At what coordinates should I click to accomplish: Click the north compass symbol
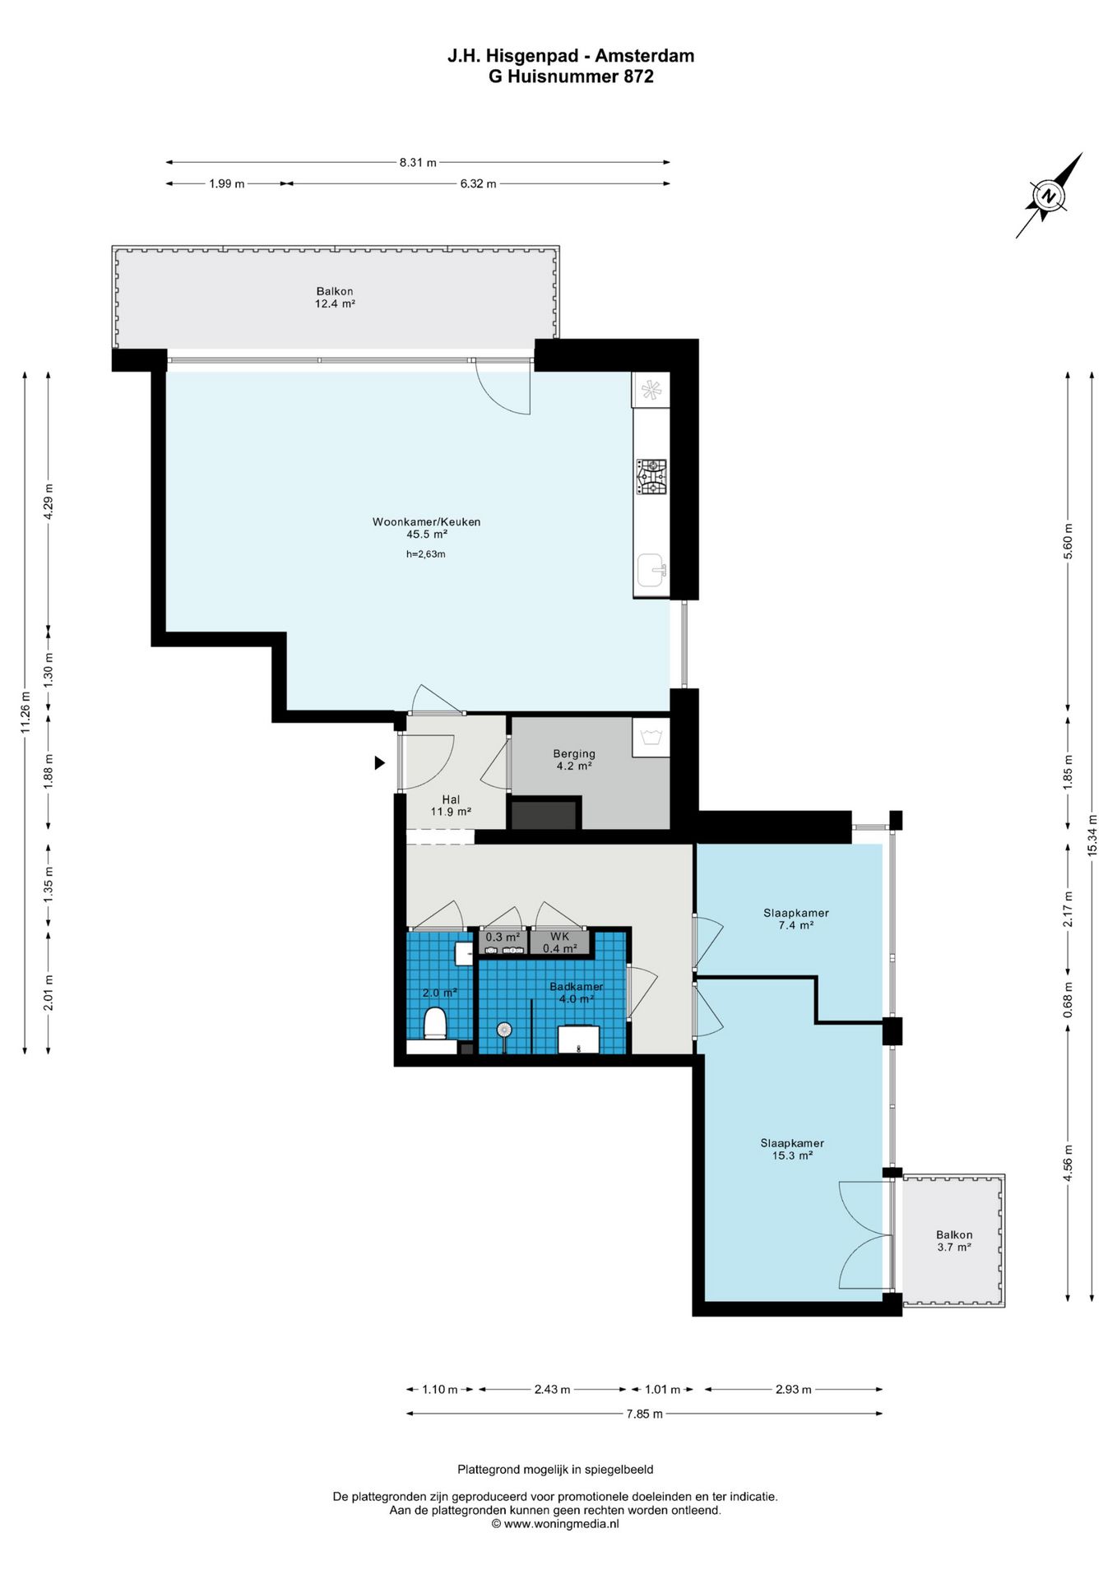coord(1049,196)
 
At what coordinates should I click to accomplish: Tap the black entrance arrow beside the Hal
coord(379,763)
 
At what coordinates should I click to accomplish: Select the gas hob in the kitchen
coord(651,477)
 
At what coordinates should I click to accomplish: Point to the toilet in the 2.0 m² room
coord(434,1024)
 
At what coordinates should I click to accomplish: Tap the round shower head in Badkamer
coord(504,1029)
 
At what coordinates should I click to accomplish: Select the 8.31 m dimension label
coord(418,162)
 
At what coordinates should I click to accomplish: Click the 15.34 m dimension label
coord(1092,835)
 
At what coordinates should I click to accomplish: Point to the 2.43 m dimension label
coord(552,1389)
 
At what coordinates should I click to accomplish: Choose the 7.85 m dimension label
coord(644,1414)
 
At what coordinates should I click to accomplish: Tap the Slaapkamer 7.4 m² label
coord(796,919)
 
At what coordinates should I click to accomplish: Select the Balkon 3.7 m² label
coord(954,1241)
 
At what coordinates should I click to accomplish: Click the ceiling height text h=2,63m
coord(426,554)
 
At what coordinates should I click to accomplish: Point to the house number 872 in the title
coord(638,76)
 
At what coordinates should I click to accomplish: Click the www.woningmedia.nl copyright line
coord(555,1524)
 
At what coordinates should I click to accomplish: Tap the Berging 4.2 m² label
coord(574,759)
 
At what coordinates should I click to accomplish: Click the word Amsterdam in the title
coord(645,56)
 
